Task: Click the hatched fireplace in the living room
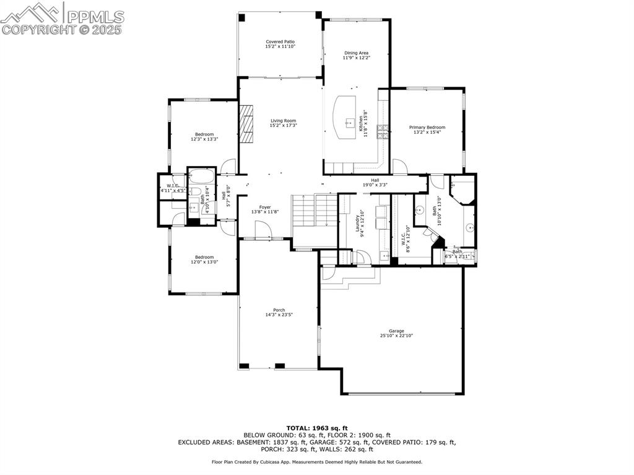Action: (x=247, y=124)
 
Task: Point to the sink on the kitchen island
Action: (x=349, y=121)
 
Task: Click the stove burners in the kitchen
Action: (x=383, y=131)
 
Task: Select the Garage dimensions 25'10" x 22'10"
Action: (x=396, y=336)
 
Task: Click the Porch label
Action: (x=279, y=312)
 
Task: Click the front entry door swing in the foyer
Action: (x=263, y=230)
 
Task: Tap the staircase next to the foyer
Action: (x=312, y=214)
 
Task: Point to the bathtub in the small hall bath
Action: (x=201, y=175)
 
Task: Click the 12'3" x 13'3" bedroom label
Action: (x=204, y=137)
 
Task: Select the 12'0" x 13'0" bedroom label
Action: (x=204, y=259)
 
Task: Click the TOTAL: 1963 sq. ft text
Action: (x=317, y=428)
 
